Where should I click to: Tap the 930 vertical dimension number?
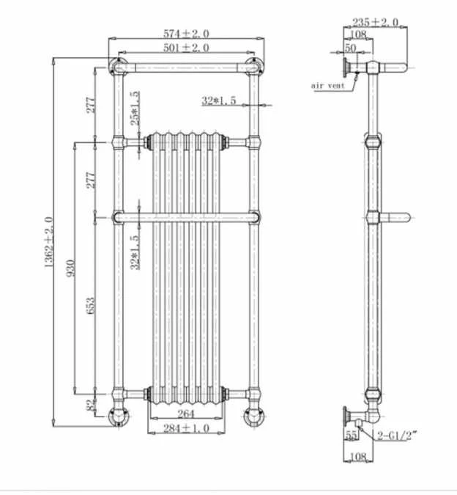click(x=71, y=268)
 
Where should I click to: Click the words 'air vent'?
click(x=327, y=86)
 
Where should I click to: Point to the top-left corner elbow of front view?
click(x=117, y=68)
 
